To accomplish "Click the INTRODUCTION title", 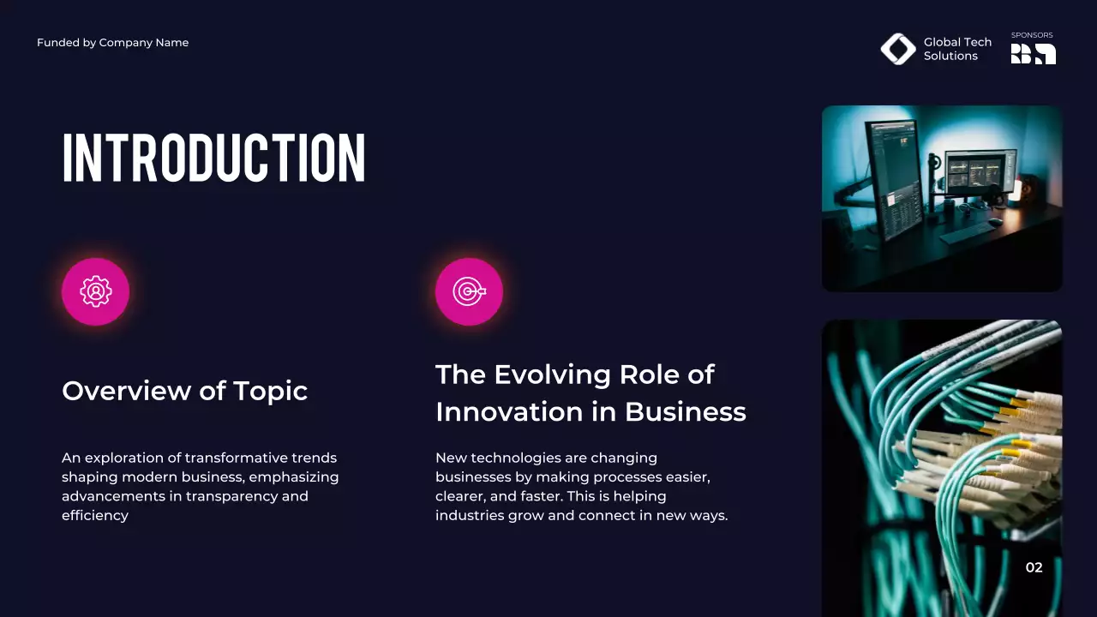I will [x=213, y=158].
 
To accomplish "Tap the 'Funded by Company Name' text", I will [x=112, y=43].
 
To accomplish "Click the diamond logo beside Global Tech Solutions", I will [x=898, y=49].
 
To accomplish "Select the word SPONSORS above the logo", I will [x=1032, y=35].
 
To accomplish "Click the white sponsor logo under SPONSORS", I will [x=1033, y=54].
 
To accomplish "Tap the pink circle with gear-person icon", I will [x=95, y=291].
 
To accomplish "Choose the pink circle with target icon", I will [x=469, y=291].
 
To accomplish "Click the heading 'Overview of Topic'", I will [x=184, y=391].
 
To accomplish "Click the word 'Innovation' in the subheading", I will [x=510, y=411].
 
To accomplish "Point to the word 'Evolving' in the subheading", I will [x=553, y=374].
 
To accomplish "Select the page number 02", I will [x=1034, y=567].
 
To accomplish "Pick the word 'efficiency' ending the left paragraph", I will [x=95, y=516].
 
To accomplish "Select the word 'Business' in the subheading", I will [x=685, y=411].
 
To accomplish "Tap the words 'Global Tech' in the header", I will [x=957, y=42].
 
